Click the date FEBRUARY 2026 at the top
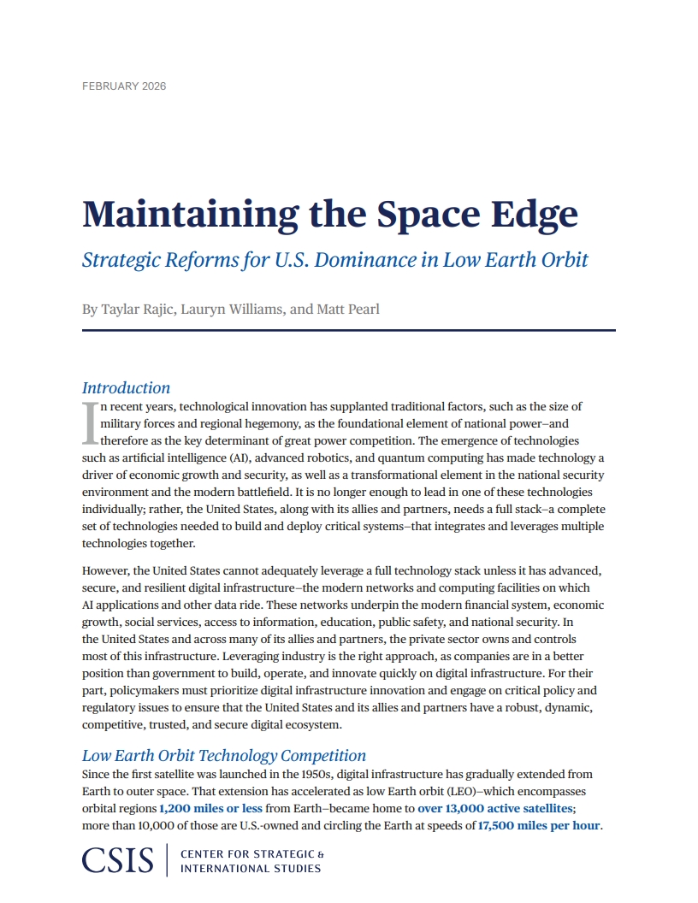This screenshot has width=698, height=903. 123,86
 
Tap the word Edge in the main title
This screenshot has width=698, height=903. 537,214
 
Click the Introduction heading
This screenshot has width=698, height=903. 126,387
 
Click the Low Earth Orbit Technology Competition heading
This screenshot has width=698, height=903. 223,755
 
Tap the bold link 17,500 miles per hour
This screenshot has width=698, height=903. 539,825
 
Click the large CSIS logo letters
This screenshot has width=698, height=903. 118,860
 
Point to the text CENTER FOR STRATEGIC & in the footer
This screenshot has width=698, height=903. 252,854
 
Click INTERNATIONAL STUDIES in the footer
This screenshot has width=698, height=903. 251,869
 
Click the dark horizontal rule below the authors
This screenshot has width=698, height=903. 349,330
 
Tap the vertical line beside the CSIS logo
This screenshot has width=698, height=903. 167,860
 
